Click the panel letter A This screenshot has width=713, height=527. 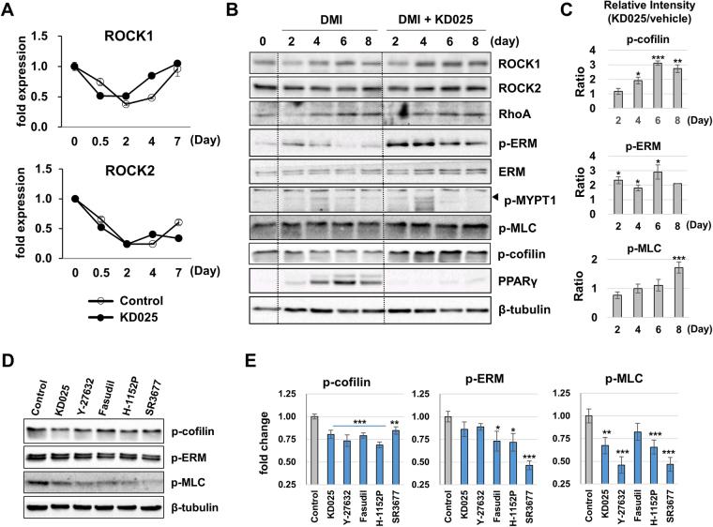pyautogui.click(x=10, y=11)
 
